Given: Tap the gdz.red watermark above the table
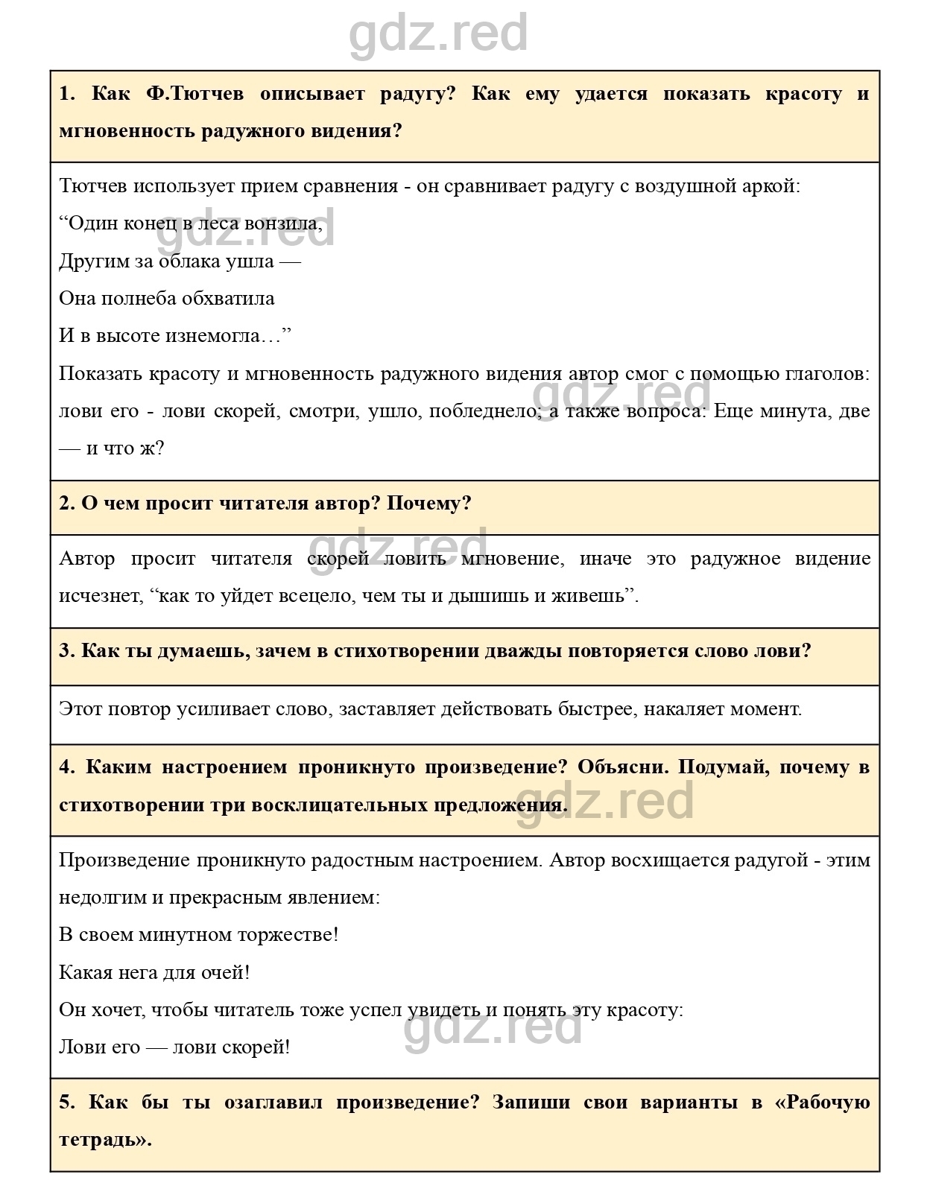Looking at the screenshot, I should pyautogui.click(x=438, y=34).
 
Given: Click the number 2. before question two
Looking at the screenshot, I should pyautogui.click(x=67, y=504).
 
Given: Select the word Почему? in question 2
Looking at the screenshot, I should pyautogui.click(x=429, y=504).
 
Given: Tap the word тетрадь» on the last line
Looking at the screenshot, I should pyautogui.click(x=105, y=1140).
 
